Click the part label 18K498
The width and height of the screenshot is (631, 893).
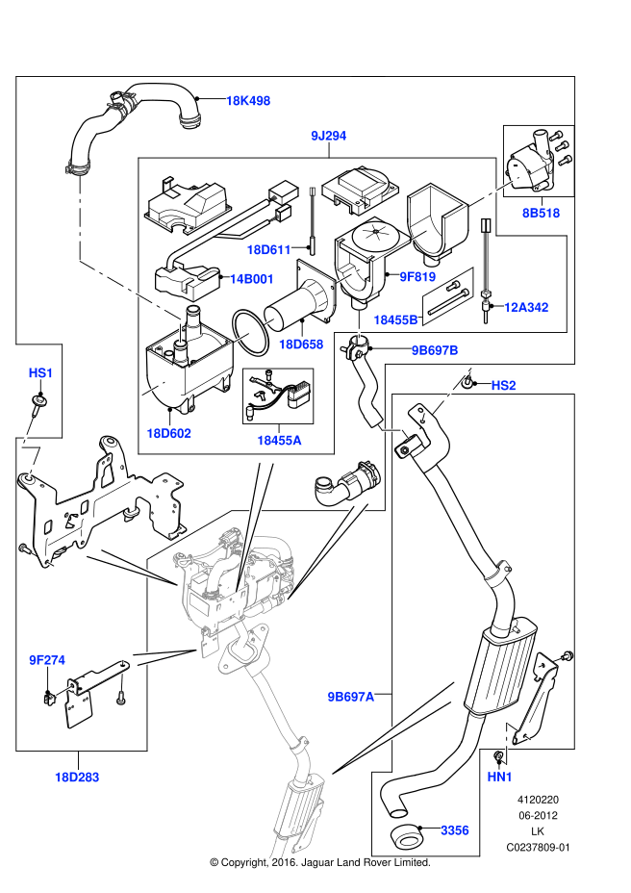[248, 101]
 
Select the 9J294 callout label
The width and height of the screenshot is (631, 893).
[329, 136]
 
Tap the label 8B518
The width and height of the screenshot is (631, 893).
[541, 213]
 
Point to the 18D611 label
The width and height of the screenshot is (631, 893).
[268, 249]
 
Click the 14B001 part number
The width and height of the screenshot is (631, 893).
[251, 279]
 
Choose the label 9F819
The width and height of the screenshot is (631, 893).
[417, 277]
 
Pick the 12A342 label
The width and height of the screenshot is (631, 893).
[526, 308]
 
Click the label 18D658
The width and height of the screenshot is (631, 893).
[301, 344]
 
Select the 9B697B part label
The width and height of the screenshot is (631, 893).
[435, 351]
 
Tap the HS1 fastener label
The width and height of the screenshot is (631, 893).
[40, 373]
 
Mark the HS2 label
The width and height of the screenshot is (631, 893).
[503, 386]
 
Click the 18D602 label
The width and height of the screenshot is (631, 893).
[168, 433]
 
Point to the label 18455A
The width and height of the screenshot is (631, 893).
[279, 440]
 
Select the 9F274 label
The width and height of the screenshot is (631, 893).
[47, 661]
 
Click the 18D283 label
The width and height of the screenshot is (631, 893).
[77, 778]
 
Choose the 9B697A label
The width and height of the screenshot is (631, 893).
[350, 697]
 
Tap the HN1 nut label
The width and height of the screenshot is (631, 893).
[499, 777]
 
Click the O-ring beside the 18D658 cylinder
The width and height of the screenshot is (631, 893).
[251, 333]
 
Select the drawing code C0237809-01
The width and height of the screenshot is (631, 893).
[538, 848]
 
